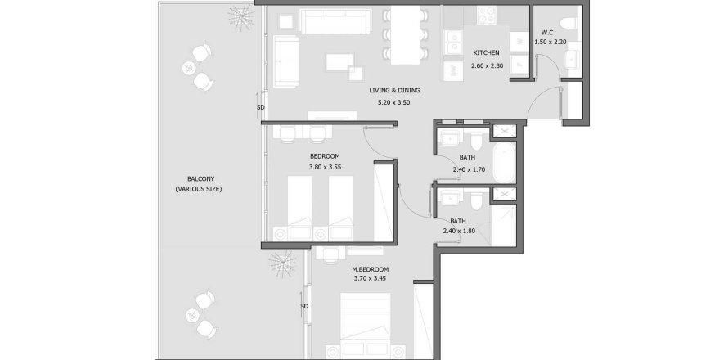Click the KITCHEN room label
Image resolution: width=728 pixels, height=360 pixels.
click(x=486, y=53)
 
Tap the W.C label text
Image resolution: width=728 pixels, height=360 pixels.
click(x=547, y=33)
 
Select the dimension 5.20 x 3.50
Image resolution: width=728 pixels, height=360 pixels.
click(x=394, y=102)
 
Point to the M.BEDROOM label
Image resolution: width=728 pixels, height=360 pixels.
click(x=370, y=269)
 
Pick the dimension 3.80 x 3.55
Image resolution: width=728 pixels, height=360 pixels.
click(x=325, y=167)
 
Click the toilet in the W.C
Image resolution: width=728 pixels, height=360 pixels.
click(x=568, y=22)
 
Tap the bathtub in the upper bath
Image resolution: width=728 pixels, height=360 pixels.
click(x=504, y=162)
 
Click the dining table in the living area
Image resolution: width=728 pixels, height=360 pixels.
click(x=406, y=35)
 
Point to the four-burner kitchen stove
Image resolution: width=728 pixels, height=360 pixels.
click(x=488, y=15)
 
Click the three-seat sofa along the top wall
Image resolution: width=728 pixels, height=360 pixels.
click(x=335, y=21)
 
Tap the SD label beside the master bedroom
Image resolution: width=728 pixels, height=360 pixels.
click(x=304, y=307)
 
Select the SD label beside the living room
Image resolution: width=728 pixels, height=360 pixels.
click(x=261, y=107)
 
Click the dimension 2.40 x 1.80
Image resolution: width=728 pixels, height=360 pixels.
click(x=459, y=231)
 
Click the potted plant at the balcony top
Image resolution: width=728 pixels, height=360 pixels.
click(x=241, y=17)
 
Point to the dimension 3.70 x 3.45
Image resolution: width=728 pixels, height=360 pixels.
click(x=370, y=279)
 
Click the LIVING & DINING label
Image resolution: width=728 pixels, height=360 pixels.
click(x=394, y=91)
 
